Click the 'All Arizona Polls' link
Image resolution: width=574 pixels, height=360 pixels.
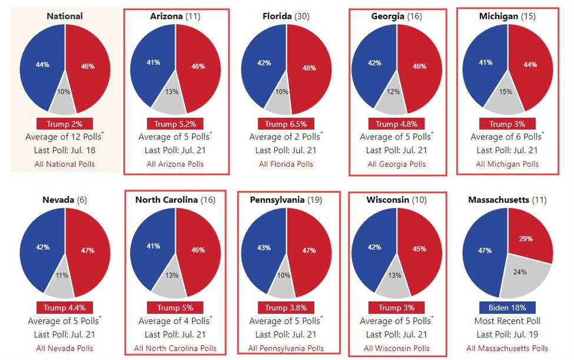(x=175, y=164)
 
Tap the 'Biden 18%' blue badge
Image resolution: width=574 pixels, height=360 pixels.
(x=507, y=308)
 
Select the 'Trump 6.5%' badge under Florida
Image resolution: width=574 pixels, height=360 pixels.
(x=286, y=124)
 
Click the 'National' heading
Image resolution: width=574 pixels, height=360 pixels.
(x=65, y=16)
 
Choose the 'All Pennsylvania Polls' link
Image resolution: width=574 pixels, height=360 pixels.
(x=286, y=348)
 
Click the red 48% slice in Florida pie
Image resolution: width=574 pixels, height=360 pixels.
(x=309, y=68)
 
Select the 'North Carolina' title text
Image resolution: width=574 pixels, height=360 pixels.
(x=167, y=200)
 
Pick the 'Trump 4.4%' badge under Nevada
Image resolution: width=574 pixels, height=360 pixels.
(x=65, y=308)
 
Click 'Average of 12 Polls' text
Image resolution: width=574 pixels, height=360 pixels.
(x=64, y=137)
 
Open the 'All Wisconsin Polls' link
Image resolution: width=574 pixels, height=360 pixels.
(x=397, y=348)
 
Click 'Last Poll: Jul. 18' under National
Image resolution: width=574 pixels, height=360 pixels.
(x=65, y=150)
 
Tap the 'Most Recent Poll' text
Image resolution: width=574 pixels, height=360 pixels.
(x=507, y=321)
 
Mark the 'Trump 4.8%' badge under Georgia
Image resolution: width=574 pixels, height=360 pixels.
(x=397, y=124)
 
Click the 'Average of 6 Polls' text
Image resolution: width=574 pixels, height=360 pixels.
(x=505, y=137)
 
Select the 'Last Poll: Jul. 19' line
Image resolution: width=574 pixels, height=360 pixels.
(x=507, y=335)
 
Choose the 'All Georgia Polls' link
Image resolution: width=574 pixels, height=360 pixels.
(x=397, y=164)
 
